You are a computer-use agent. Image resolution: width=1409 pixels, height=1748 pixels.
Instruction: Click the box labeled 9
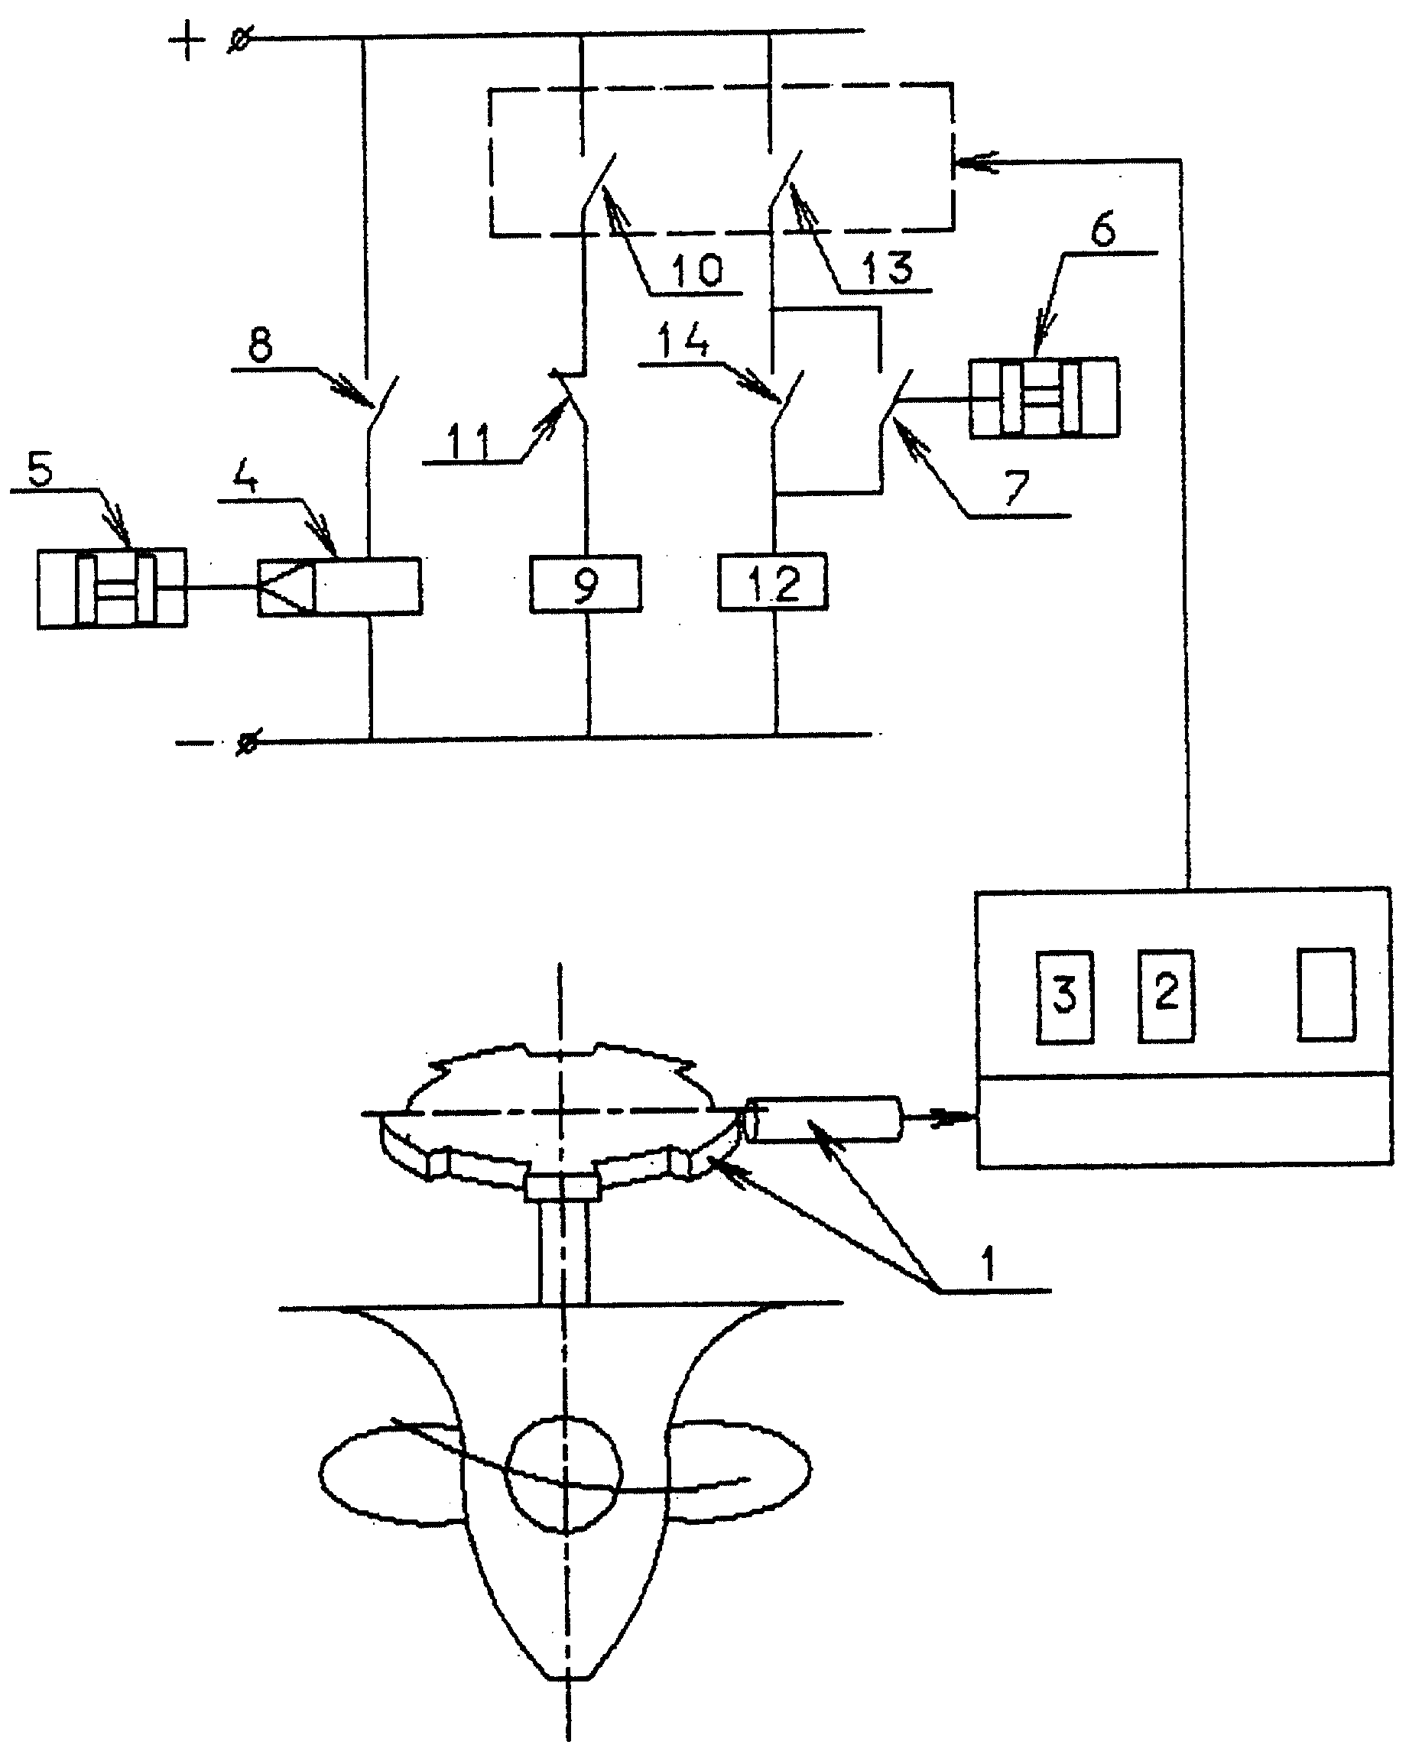(585, 583)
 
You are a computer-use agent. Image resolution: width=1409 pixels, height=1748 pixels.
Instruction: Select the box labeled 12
(773, 582)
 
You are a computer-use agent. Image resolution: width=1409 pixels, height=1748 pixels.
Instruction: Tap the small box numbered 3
(1065, 996)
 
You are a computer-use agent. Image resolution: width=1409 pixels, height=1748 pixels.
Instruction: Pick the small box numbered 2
(1166, 995)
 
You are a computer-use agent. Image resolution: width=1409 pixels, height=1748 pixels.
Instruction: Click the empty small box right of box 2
(1326, 994)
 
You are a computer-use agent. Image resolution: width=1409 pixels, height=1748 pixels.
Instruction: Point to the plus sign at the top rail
(187, 40)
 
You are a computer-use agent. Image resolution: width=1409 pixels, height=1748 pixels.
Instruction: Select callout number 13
(888, 268)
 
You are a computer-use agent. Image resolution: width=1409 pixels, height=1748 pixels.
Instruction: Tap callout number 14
(683, 339)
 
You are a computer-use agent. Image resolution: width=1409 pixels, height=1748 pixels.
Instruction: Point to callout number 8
(261, 345)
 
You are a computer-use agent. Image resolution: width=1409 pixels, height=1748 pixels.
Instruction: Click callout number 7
(1017, 488)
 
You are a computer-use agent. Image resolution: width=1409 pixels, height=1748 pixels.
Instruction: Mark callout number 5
(40, 469)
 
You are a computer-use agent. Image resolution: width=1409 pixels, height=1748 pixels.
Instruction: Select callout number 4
(246, 477)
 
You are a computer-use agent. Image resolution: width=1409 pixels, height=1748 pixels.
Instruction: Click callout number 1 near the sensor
(988, 1264)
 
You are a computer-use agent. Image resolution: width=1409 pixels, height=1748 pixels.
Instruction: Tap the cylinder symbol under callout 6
(1044, 397)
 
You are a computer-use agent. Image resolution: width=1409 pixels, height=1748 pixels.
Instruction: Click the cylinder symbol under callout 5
(112, 589)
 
